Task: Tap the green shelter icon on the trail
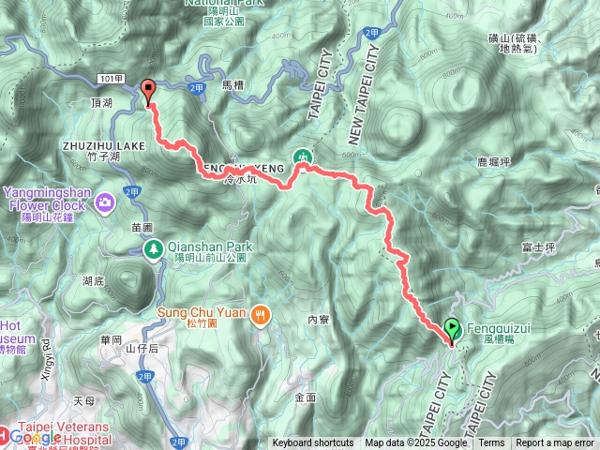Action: (x=303, y=157)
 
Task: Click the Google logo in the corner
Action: (x=35, y=437)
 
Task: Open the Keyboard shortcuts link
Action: (x=313, y=443)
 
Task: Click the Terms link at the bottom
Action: (x=491, y=443)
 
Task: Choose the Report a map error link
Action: (x=555, y=443)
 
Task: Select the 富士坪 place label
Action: (x=538, y=247)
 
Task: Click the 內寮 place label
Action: (x=319, y=319)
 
